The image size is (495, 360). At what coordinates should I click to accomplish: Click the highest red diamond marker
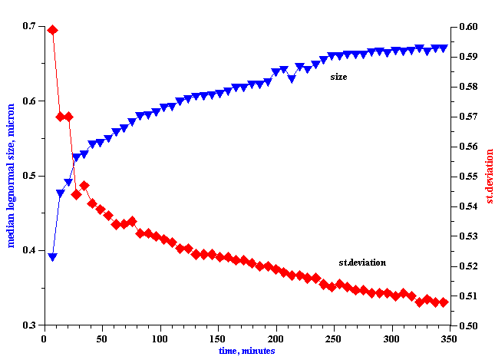pyautogui.click(x=52, y=30)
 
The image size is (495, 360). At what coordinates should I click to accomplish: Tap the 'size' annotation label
pyautogui.click(x=338, y=77)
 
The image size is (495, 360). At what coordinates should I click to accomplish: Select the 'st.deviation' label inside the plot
pyautogui.click(x=362, y=263)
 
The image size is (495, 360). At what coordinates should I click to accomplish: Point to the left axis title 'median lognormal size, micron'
pyautogui.click(x=12, y=176)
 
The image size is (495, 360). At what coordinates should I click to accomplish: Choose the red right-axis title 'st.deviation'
pyautogui.click(x=489, y=177)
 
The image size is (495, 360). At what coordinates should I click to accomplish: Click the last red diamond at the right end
pyautogui.click(x=444, y=302)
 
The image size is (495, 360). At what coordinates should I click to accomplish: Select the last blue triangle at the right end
pyautogui.click(x=444, y=48)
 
